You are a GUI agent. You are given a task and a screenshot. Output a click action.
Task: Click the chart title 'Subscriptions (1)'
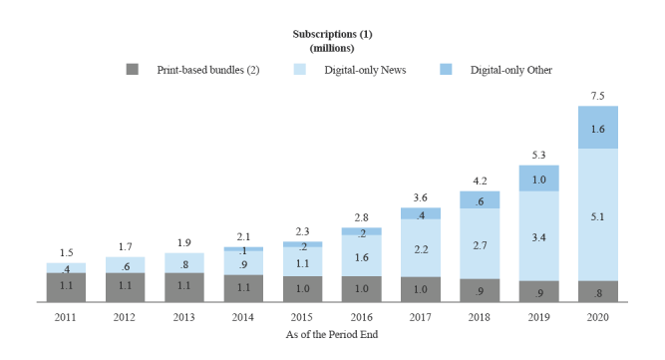(332, 34)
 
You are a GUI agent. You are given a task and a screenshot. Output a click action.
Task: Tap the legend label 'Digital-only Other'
(510, 70)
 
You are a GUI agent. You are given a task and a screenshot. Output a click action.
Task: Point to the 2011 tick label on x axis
(66, 317)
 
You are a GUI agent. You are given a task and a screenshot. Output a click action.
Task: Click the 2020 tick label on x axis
(597, 317)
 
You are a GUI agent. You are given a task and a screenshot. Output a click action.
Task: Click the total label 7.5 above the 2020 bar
(597, 96)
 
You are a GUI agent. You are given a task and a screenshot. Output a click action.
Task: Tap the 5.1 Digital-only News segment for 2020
(597, 213)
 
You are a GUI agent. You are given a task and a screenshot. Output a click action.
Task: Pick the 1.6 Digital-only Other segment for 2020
(597, 128)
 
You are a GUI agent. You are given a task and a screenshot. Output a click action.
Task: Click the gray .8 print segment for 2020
(597, 291)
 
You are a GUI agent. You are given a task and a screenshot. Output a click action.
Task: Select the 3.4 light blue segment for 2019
(538, 235)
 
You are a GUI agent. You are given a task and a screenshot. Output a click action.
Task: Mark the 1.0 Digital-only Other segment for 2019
(538, 179)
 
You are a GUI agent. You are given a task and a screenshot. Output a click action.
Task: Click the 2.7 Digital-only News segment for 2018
(480, 243)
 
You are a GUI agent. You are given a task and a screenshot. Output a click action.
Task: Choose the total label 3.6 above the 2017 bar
(420, 197)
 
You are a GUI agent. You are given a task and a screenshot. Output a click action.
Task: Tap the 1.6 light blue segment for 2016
(361, 256)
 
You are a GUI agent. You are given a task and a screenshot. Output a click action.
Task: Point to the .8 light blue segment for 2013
(184, 263)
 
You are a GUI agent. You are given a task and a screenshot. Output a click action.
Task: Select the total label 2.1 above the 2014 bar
(243, 236)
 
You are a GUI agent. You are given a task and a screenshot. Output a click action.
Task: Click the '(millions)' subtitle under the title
(332, 47)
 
